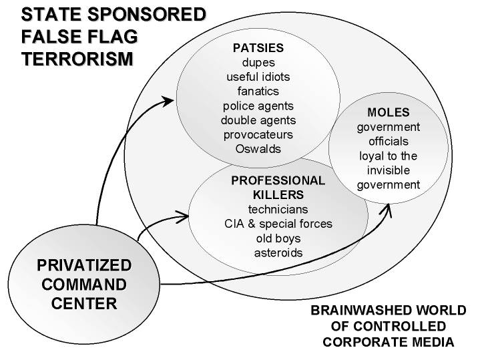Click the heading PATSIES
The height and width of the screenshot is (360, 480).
(258, 48)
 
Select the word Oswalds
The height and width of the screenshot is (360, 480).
(258, 149)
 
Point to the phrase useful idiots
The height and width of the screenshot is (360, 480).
(258, 76)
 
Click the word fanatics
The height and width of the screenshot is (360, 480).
(258, 91)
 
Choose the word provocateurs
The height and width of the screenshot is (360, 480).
(258, 134)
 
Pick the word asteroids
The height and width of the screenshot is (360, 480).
(278, 253)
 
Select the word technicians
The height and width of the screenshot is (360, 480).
(278, 210)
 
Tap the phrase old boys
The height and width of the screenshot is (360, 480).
(278, 238)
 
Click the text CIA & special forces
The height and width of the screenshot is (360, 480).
(278, 224)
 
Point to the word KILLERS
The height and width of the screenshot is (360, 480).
(278, 195)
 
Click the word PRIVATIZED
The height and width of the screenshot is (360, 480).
(84, 265)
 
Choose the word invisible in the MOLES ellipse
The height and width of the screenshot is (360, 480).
(388, 170)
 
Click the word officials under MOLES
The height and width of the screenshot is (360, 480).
(388, 141)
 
